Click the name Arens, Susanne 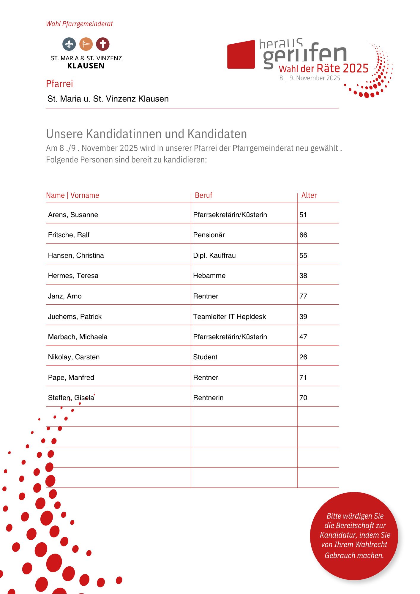coord(73,215)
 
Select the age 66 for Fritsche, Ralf coord(303,235)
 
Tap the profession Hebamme coord(209,276)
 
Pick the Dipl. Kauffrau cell coord(214,255)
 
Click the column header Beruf coord(203,195)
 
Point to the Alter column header coord(309,195)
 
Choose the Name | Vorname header coord(72,195)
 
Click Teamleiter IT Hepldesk coord(229,317)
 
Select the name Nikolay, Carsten coord(74,357)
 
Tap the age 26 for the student coord(303,357)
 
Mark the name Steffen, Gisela coord(71,398)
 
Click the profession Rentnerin coord(208,398)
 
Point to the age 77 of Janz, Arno coord(303,296)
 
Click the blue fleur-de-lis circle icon coord(69,44)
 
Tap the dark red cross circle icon coord(103,44)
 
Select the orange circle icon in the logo coord(86,44)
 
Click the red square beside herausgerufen coord(241,55)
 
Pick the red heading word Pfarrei coord(59,84)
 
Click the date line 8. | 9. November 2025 coord(310,78)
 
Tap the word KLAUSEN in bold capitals coord(86,66)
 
